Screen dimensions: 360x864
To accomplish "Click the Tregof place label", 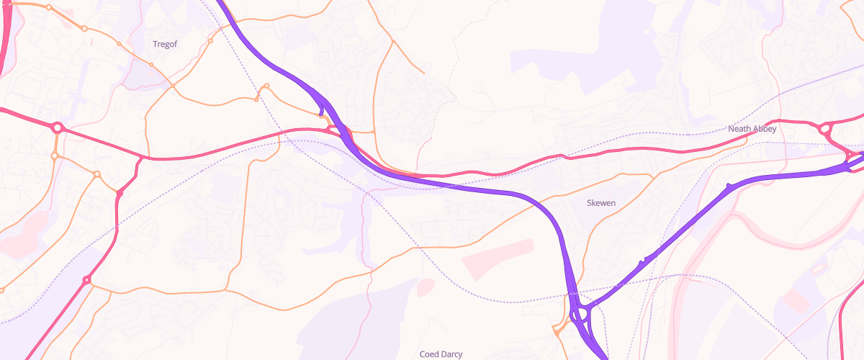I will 165,45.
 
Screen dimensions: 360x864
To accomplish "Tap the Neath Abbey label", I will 752,129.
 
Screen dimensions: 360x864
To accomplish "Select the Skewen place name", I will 602,203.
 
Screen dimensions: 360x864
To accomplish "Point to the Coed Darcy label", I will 441,354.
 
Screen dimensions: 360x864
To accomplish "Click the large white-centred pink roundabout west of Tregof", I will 58,127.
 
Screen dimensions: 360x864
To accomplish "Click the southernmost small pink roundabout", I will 87,279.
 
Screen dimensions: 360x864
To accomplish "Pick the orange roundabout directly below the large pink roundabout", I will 55,156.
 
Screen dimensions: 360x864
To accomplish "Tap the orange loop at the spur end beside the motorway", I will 266,86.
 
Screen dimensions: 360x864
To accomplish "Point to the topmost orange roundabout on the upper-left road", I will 48,8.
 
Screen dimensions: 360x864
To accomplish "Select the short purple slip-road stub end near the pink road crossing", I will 320,114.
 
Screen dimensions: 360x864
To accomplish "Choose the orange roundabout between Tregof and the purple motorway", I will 210,41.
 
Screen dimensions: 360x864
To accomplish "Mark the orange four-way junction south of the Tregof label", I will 173,86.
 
